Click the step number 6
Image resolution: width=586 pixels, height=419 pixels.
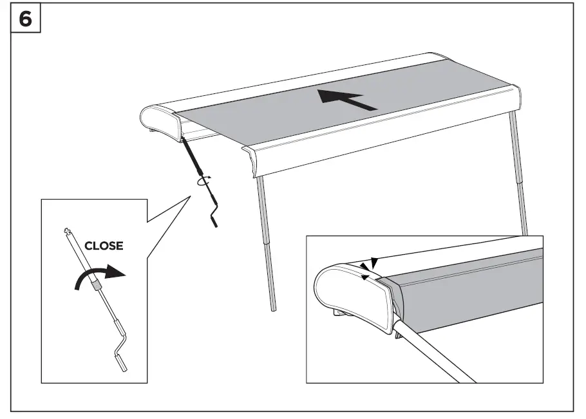(x=25, y=19)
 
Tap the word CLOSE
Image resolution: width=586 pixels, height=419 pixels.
(x=103, y=246)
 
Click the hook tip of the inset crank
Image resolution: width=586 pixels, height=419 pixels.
(x=66, y=230)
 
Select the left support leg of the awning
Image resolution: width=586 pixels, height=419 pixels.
(x=266, y=245)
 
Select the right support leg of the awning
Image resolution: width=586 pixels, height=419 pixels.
(x=519, y=174)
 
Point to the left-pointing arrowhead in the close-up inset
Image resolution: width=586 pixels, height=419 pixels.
(x=365, y=276)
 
